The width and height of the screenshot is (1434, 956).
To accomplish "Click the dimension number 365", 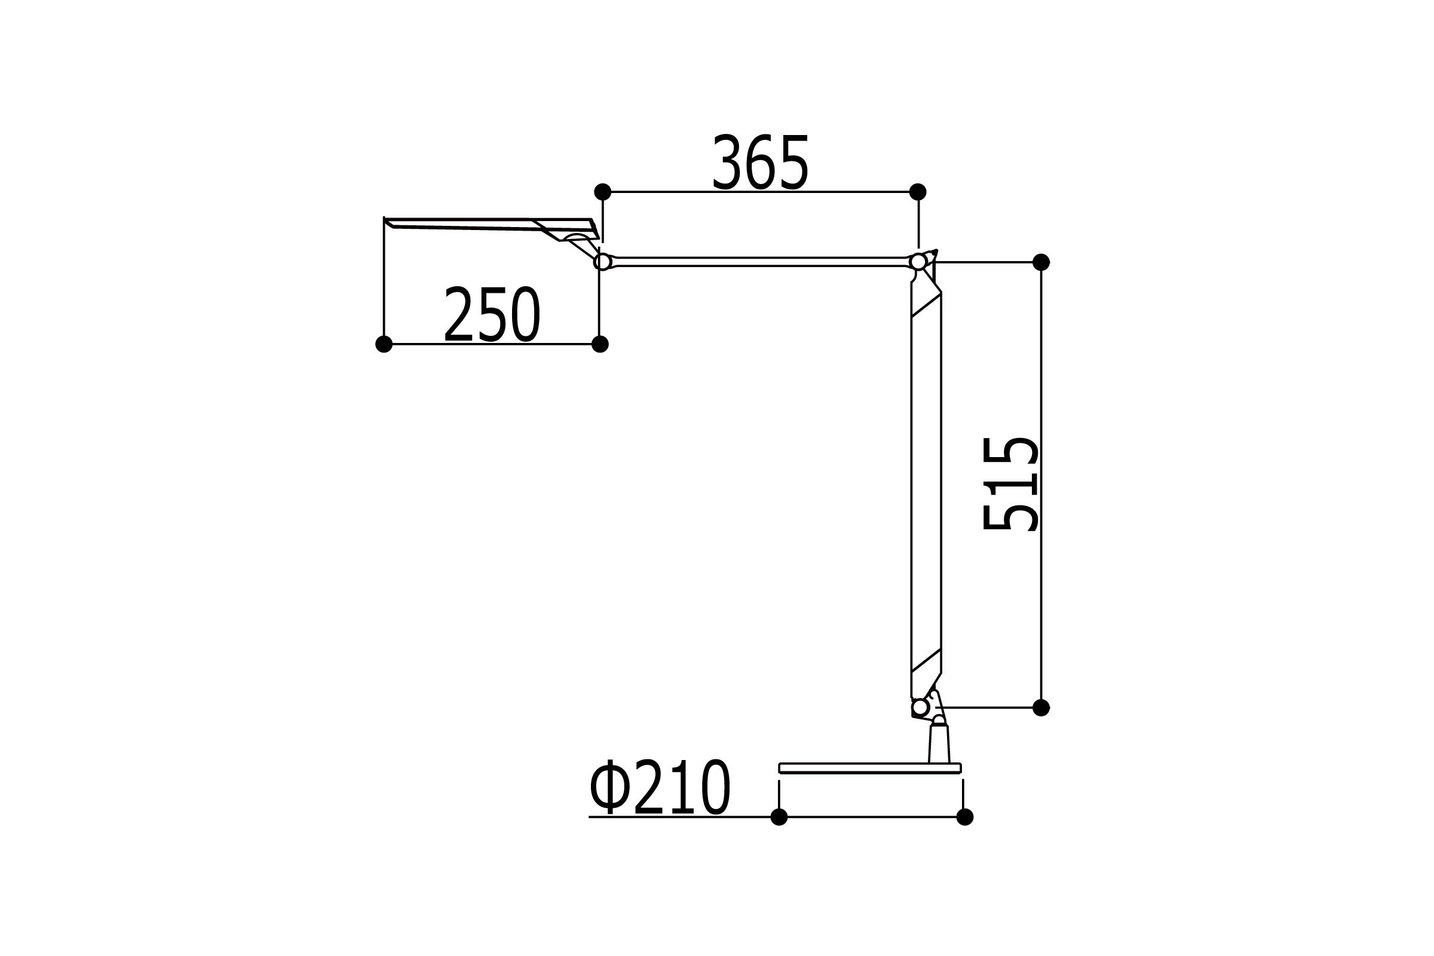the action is pyautogui.click(x=760, y=161).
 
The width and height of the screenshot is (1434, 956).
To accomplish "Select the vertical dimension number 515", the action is pyautogui.click(x=1010, y=483).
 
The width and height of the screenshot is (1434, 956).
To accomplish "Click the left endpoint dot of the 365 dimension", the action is pyautogui.click(x=602, y=192).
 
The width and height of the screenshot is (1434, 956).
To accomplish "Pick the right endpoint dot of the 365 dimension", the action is pyautogui.click(x=918, y=192).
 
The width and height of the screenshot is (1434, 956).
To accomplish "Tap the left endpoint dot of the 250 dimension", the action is pyautogui.click(x=384, y=345).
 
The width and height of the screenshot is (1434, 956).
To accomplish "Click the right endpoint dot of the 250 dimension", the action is pyautogui.click(x=600, y=345).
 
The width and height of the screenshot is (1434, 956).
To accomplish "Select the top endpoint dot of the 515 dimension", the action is pyautogui.click(x=1041, y=262).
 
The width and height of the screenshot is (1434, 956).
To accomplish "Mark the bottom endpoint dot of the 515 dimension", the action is pyautogui.click(x=1041, y=708).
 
